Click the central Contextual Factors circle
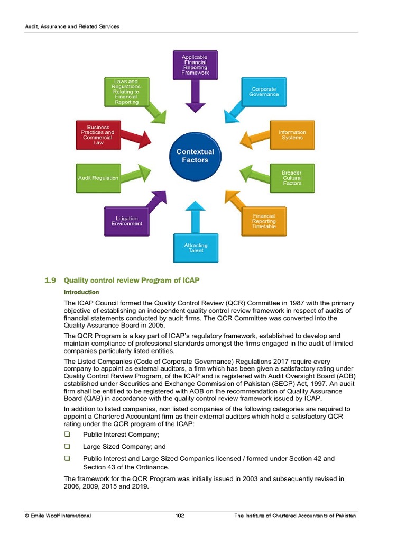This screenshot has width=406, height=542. [x=195, y=156]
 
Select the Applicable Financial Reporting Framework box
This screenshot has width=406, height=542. [x=195, y=65]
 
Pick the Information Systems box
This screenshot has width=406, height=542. [x=292, y=135]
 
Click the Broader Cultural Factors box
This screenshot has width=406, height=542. [x=292, y=178]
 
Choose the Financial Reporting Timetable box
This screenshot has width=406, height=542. [x=263, y=221]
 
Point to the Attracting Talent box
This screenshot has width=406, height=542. [x=196, y=248]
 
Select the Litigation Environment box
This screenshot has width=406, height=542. [x=127, y=221]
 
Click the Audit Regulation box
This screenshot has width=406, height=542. [x=98, y=178]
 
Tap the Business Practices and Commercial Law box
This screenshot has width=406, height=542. [x=98, y=135]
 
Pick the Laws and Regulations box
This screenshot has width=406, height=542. [x=126, y=92]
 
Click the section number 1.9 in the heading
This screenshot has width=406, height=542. [x=50, y=279]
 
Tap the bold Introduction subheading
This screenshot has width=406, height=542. [x=81, y=292]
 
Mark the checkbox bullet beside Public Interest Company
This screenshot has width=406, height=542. [x=67, y=434]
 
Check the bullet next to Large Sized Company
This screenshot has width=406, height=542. [x=67, y=446]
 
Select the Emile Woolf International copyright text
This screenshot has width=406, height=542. [x=58, y=516]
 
